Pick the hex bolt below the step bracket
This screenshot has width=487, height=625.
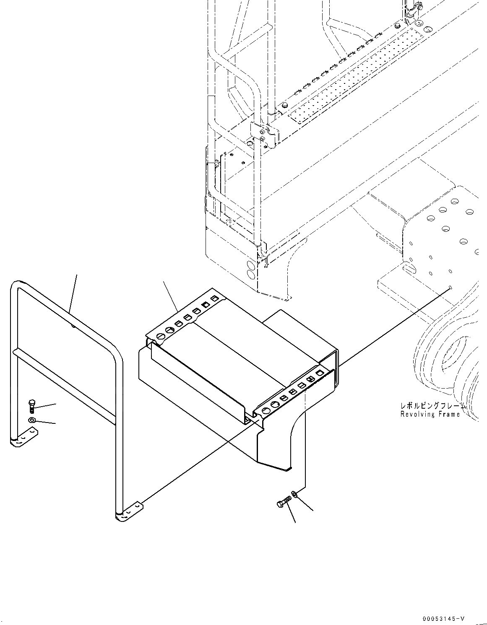click(283, 503)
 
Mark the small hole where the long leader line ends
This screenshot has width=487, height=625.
click(450, 286)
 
